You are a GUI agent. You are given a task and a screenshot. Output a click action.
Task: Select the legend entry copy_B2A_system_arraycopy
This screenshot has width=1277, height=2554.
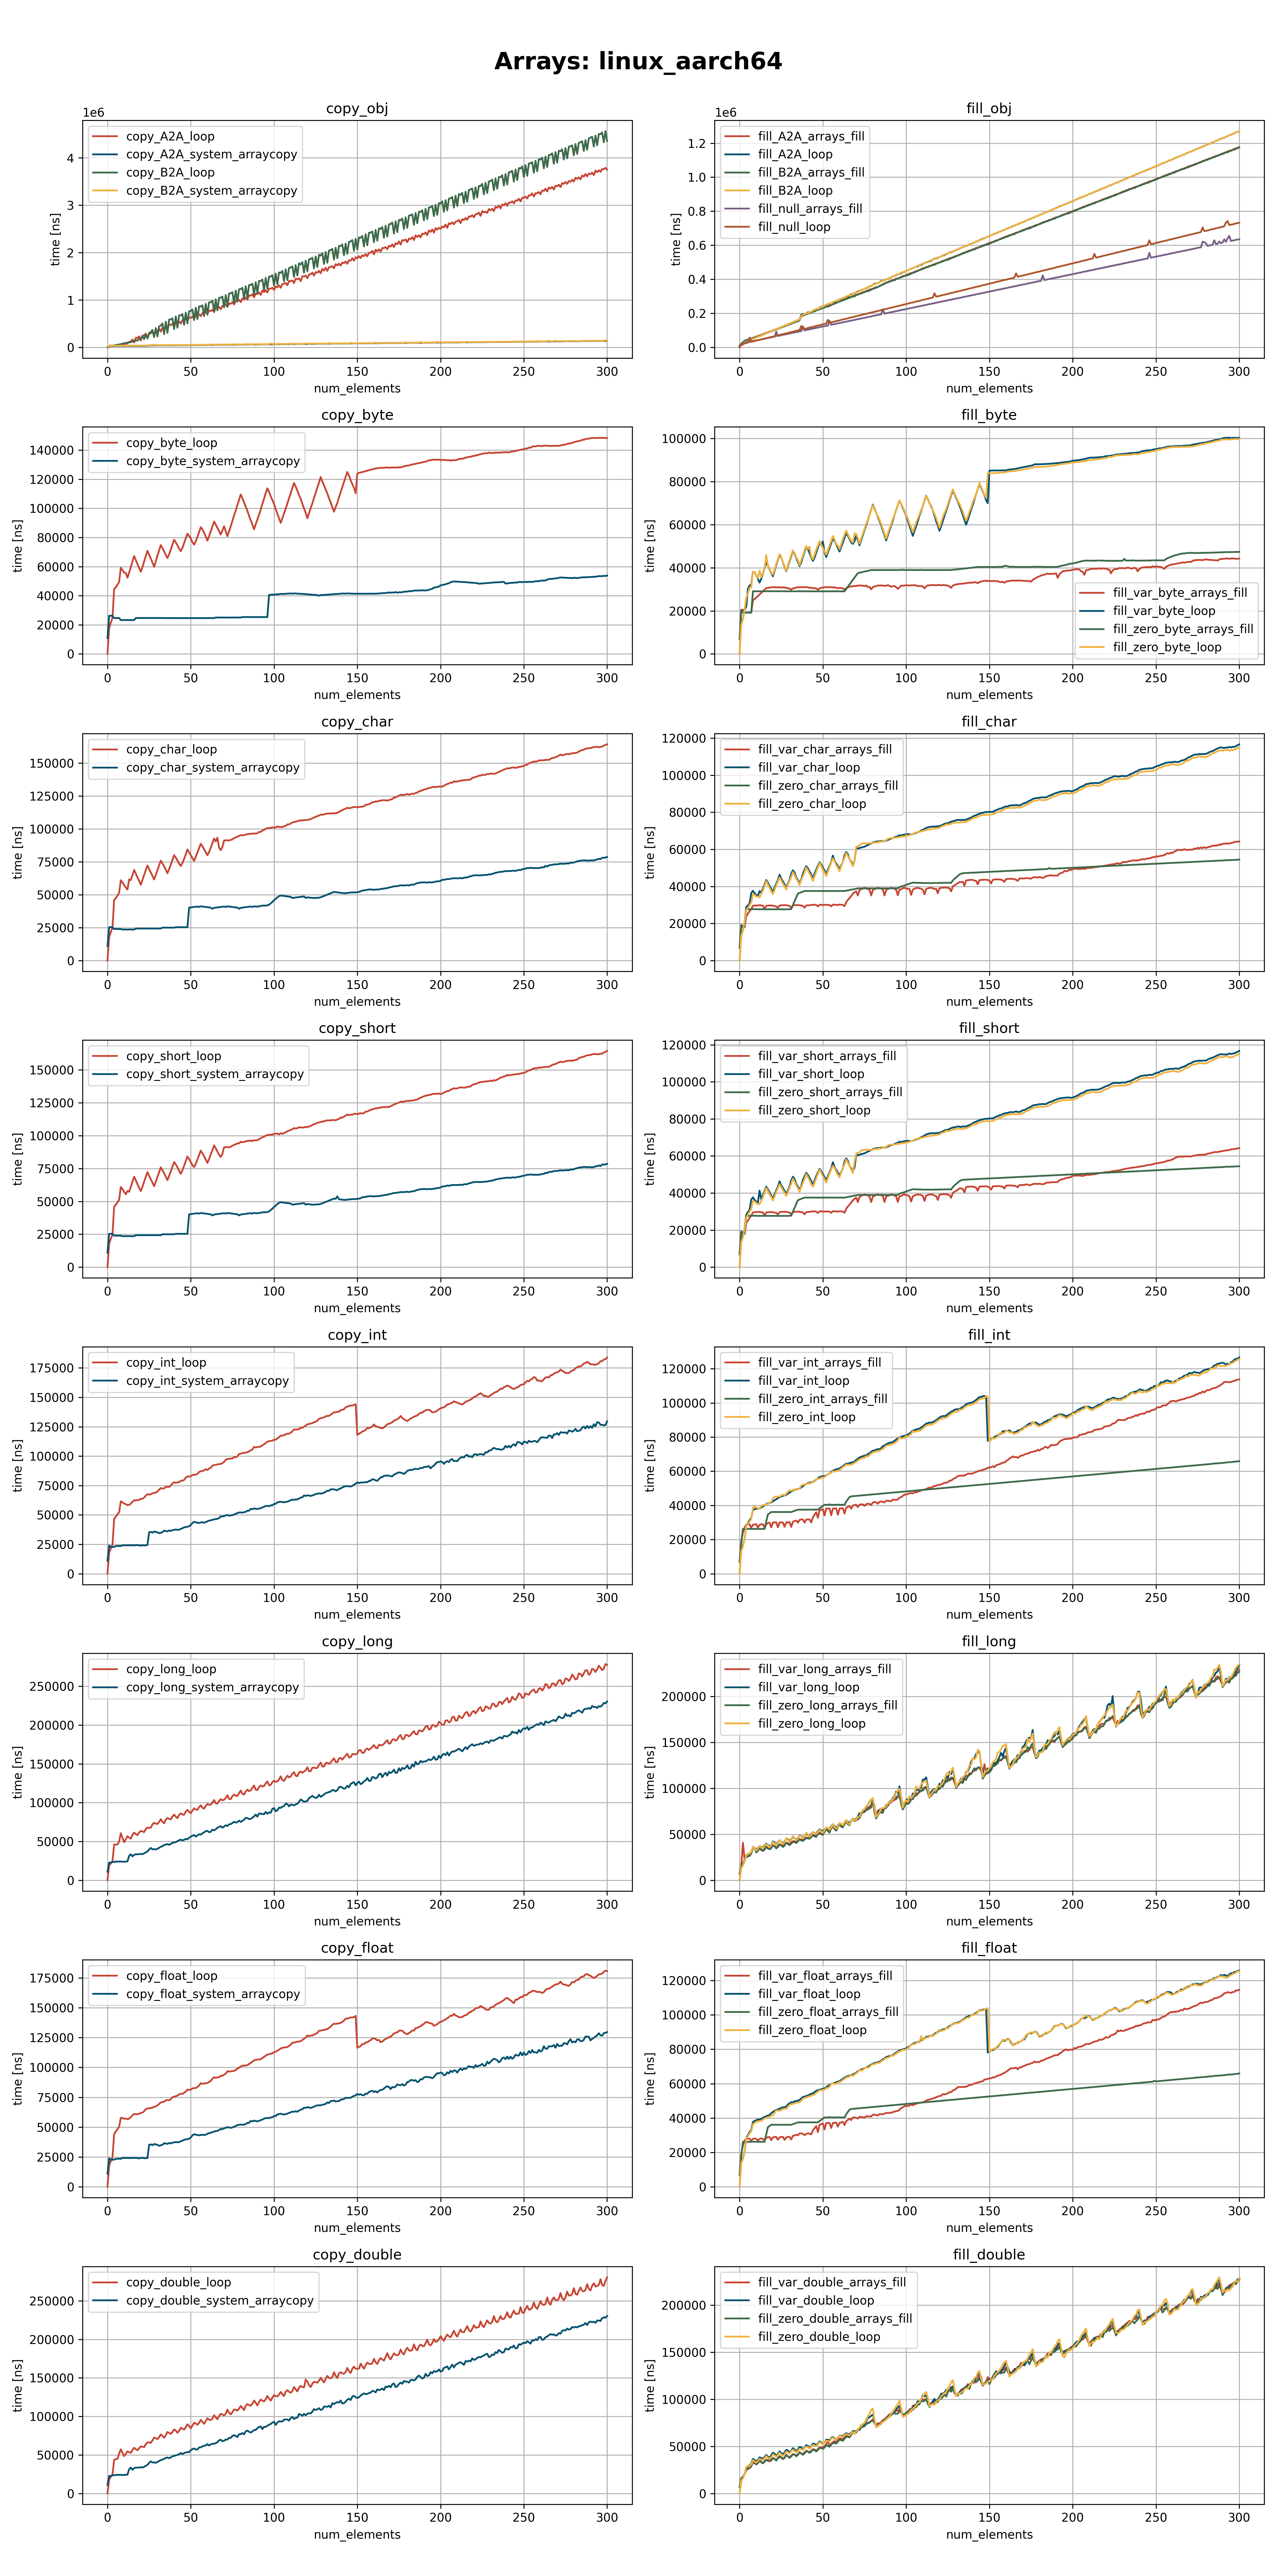[x=211, y=190]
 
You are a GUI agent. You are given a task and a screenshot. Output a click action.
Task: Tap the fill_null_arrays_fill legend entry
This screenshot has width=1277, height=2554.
[x=809, y=208]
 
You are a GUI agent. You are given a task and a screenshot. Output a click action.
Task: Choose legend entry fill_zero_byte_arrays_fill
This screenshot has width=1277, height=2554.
[x=1182, y=629]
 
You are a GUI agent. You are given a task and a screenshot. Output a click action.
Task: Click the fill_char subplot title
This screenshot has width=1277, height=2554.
[x=988, y=722]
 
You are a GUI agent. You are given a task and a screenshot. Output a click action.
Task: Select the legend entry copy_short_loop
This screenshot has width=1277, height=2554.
[x=173, y=1056]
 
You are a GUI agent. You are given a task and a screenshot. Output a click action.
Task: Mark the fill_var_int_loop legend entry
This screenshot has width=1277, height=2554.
[x=803, y=1380]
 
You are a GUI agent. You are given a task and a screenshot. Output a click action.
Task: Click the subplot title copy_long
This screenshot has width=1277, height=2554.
[x=357, y=1641]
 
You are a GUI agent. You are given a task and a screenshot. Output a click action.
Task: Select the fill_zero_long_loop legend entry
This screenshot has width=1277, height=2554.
[x=811, y=1723]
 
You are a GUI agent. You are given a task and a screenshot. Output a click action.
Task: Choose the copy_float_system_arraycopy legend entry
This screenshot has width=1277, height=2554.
[x=212, y=1994]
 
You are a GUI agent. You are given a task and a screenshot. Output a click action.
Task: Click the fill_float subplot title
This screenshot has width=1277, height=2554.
[x=988, y=1947]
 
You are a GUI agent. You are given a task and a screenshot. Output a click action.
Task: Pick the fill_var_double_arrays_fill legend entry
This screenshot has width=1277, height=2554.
[x=831, y=2282]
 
